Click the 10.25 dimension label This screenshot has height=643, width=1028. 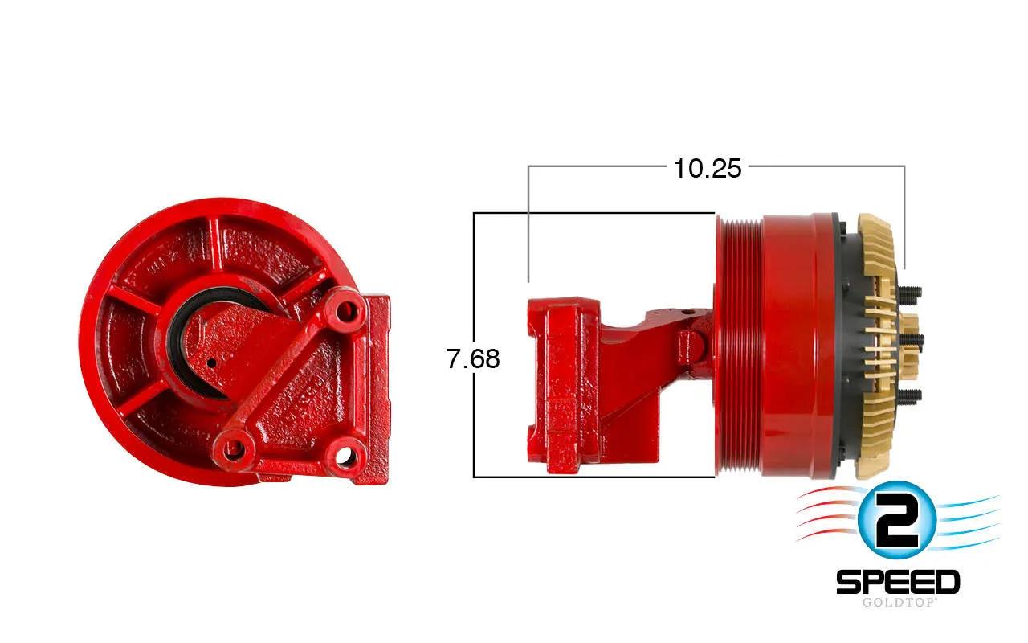(x=708, y=169)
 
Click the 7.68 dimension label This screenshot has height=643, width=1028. (x=473, y=358)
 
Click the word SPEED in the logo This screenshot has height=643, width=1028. (x=898, y=582)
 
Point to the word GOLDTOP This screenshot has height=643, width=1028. (x=899, y=603)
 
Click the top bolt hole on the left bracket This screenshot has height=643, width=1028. (x=345, y=313)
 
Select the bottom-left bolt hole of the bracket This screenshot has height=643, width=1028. (x=235, y=445)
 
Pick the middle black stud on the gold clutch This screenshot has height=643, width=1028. (x=911, y=341)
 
